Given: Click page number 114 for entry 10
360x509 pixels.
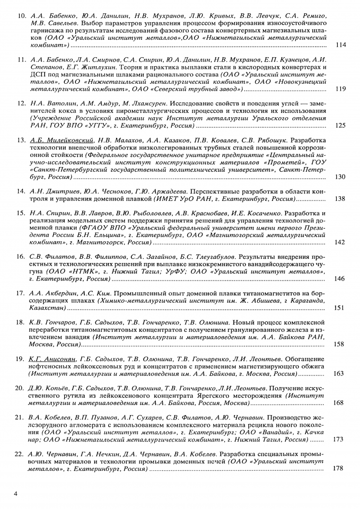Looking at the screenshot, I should click(340, 45).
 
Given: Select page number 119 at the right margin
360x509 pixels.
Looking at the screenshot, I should click(340, 89).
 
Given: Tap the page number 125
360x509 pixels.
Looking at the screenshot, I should click(340, 126).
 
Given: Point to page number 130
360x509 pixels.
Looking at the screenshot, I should click(340, 177).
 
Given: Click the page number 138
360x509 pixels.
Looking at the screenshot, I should click(340, 199).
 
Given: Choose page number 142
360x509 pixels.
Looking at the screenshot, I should click(340, 242).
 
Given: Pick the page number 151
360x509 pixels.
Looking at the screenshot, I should click(340, 308).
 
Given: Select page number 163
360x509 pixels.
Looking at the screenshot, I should click(340, 374).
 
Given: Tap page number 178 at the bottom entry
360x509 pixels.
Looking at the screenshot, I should click(340, 468).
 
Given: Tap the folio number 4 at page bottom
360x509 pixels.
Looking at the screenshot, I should click(16, 494).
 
